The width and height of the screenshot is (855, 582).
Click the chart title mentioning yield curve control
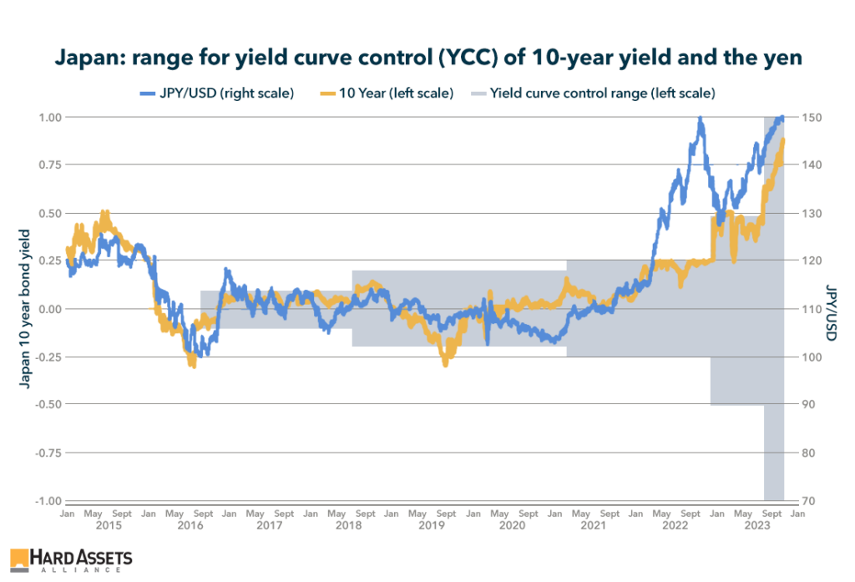tap(427, 58)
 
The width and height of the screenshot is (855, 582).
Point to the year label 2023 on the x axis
tap(757, 526)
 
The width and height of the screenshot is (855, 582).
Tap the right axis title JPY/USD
tap(832, 309)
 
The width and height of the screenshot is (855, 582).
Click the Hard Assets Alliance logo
tap(71, 560)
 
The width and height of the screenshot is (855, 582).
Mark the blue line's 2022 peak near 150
tap(700, 119)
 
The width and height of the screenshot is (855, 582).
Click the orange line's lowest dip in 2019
tap(446, 362)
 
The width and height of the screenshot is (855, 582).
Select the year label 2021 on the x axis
tap(594, 526)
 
